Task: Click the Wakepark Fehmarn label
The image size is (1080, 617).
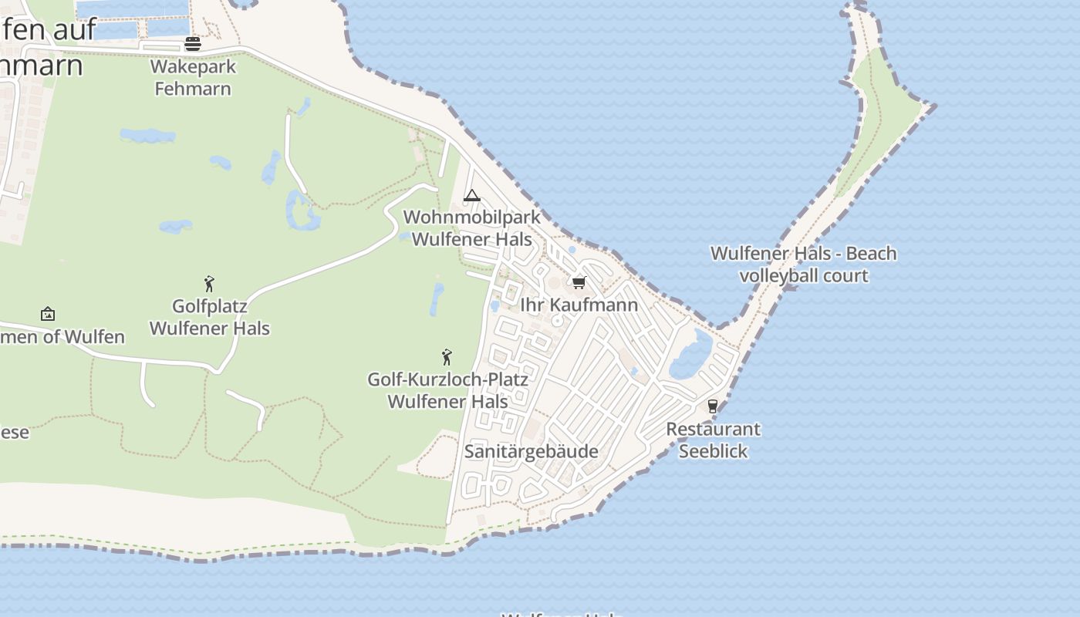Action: tap(193, 77)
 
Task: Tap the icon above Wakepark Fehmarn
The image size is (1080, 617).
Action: tap(193, 43)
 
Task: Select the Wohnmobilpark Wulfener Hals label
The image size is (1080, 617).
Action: tap(472, 228)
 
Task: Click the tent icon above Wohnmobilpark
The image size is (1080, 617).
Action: tap(472, 196)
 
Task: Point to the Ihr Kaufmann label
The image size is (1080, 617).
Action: tap(579, 305)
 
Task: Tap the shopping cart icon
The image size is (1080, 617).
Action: tap(579, 282)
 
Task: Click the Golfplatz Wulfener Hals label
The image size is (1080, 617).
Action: tap(210, 317)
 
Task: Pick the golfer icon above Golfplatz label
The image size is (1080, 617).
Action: tap(209, 284)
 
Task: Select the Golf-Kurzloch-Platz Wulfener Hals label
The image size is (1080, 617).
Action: tap(447, 390)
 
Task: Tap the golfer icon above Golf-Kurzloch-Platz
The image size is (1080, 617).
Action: tap(447, 357)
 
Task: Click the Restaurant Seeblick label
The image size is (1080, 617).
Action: tap(713, 440)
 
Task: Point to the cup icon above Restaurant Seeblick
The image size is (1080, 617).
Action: tap(712, 406)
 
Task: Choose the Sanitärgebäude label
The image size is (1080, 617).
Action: tap(532, 451)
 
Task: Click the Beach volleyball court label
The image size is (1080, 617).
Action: tap(804, 265)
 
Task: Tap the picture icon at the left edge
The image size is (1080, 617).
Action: tap(48, 314)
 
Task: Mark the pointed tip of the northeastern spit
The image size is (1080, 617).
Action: tap(934, 106)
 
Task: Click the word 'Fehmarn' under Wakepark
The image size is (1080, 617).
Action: tap(193, 89)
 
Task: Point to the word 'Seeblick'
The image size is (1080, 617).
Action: tap(713, 451)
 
